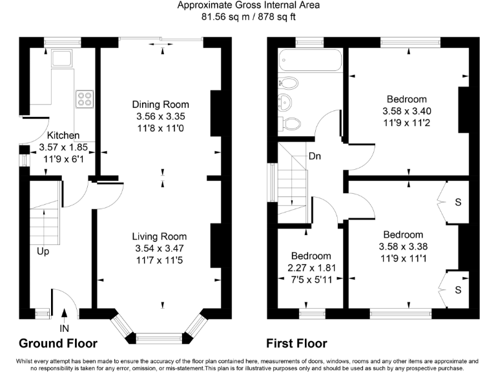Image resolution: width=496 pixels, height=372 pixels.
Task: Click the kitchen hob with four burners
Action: coord(85,99)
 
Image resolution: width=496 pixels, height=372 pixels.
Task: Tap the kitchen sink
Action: coord(62,58)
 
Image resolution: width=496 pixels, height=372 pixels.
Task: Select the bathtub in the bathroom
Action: coord(310,60)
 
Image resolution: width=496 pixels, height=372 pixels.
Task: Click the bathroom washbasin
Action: coord(285,103)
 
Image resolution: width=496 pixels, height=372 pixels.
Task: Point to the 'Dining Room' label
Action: coord(160,105)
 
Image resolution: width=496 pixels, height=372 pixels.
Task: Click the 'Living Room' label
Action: coord(160,236)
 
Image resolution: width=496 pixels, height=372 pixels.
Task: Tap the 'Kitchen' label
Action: coord(63,136)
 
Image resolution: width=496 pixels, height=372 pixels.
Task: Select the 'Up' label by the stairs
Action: coord(43,251)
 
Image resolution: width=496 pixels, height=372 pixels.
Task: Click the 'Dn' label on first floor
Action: coord(315,156)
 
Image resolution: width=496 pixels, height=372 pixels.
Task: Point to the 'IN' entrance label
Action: coord(64,328)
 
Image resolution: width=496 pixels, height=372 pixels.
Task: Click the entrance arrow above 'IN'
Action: coord(64,313)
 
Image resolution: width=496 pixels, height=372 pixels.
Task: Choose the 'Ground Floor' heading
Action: coord(58,343)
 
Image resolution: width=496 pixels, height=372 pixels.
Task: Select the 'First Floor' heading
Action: coord(296,343)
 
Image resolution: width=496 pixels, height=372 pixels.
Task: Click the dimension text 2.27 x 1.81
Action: coord(311,268)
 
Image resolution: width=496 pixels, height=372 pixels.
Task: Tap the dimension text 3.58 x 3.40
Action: coord(407,111)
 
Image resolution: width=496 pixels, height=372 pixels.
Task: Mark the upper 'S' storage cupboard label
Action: coord(458,202)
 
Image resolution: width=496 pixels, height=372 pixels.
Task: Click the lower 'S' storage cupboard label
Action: coord(458,290)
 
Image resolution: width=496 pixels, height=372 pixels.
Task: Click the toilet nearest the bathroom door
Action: coord(289,124)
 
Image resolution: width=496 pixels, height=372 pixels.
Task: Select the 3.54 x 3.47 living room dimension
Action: coord(160,248)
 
